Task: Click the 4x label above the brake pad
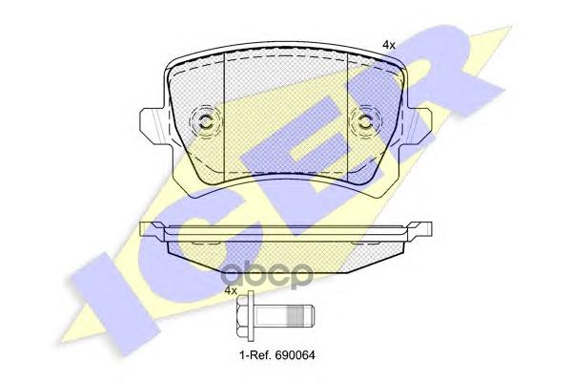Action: tap(389, 45)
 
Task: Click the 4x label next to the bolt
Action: tap(230, 291)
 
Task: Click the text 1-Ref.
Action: tap(253, 354)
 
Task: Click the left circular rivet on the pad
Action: tap(205, 121)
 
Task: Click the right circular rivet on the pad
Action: tap(366, 121)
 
